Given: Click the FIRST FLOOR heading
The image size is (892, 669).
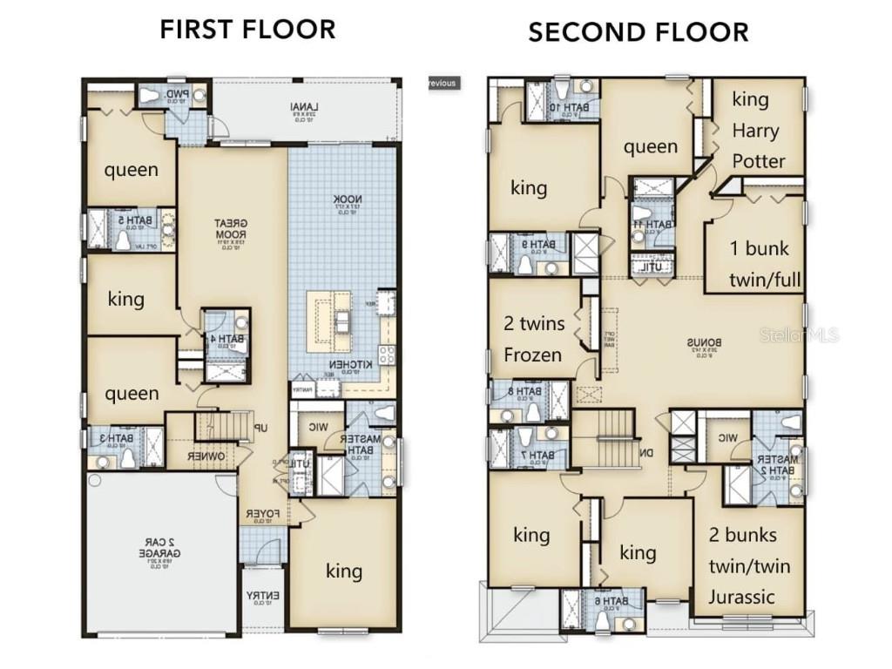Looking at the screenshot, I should tap(247, 29).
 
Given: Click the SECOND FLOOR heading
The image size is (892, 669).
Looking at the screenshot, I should tap(639, 32).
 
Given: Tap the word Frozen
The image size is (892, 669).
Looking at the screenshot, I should tap(533, 355).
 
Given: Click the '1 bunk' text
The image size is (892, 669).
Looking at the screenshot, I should tap(759, 248).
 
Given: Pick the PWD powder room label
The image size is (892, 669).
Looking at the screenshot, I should tap(177, 94).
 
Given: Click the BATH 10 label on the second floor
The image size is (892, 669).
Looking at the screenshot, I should tap(566, 107).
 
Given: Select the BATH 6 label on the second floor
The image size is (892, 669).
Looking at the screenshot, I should tap(603, 601).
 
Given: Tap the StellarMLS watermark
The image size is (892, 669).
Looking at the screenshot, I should tap(809, 334).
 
